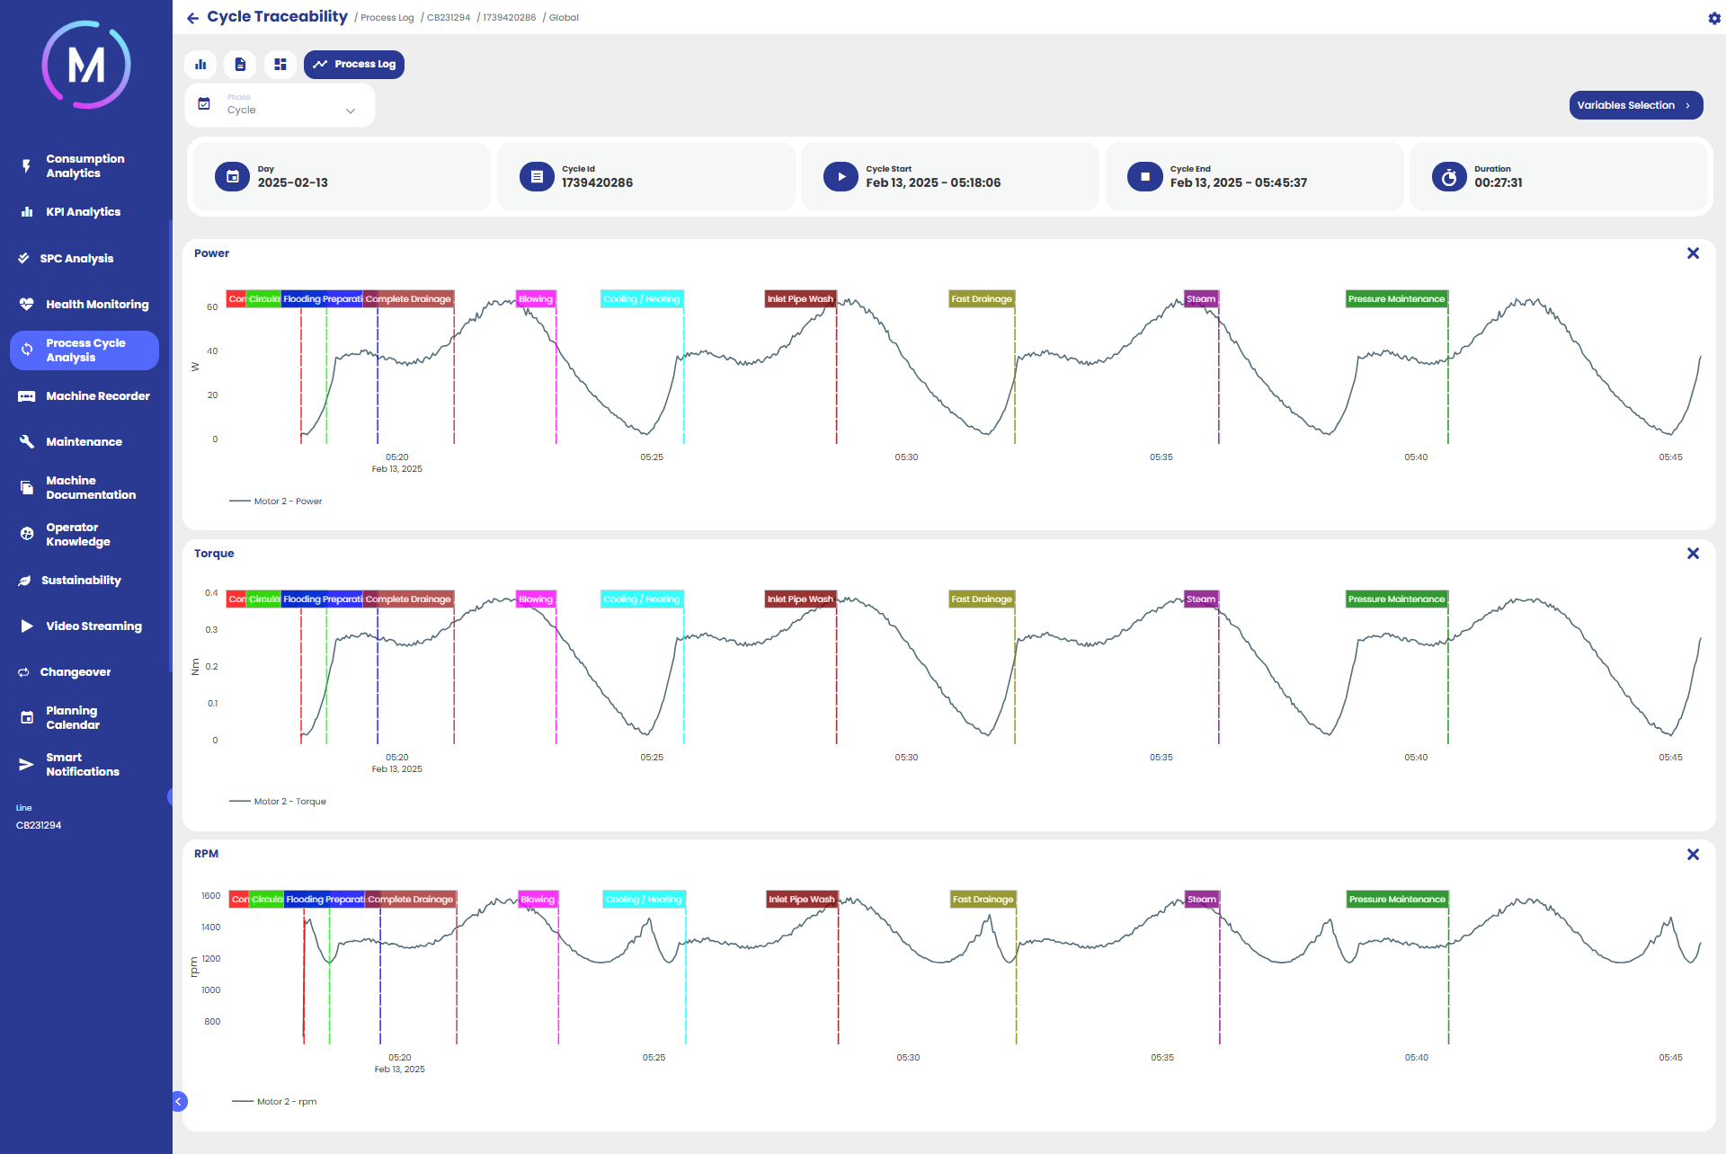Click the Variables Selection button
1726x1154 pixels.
pos(1635,105)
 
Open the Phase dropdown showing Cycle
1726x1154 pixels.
pos(280,106)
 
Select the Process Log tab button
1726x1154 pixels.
pos(354,65)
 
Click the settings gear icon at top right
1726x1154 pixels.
pos(1713,18)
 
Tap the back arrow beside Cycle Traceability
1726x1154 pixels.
pos(192,18)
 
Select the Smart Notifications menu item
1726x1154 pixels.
pos(82,765)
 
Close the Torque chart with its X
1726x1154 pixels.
pos(1693,554)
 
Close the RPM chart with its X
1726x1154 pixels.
pos(1693,854)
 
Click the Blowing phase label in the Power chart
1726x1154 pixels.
pos(536,299)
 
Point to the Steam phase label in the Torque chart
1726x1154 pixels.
pos(1201,599)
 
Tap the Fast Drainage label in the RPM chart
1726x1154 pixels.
pos(983,900)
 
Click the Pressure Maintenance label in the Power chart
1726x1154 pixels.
pos(1396,299)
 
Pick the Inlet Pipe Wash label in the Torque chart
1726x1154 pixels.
pos(800,599)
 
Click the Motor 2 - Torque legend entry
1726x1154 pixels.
pos(289,802)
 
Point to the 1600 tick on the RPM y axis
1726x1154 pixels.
pos(211,896)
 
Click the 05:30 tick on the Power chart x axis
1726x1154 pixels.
pos(906,457)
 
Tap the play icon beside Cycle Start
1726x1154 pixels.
pos(841,177)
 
